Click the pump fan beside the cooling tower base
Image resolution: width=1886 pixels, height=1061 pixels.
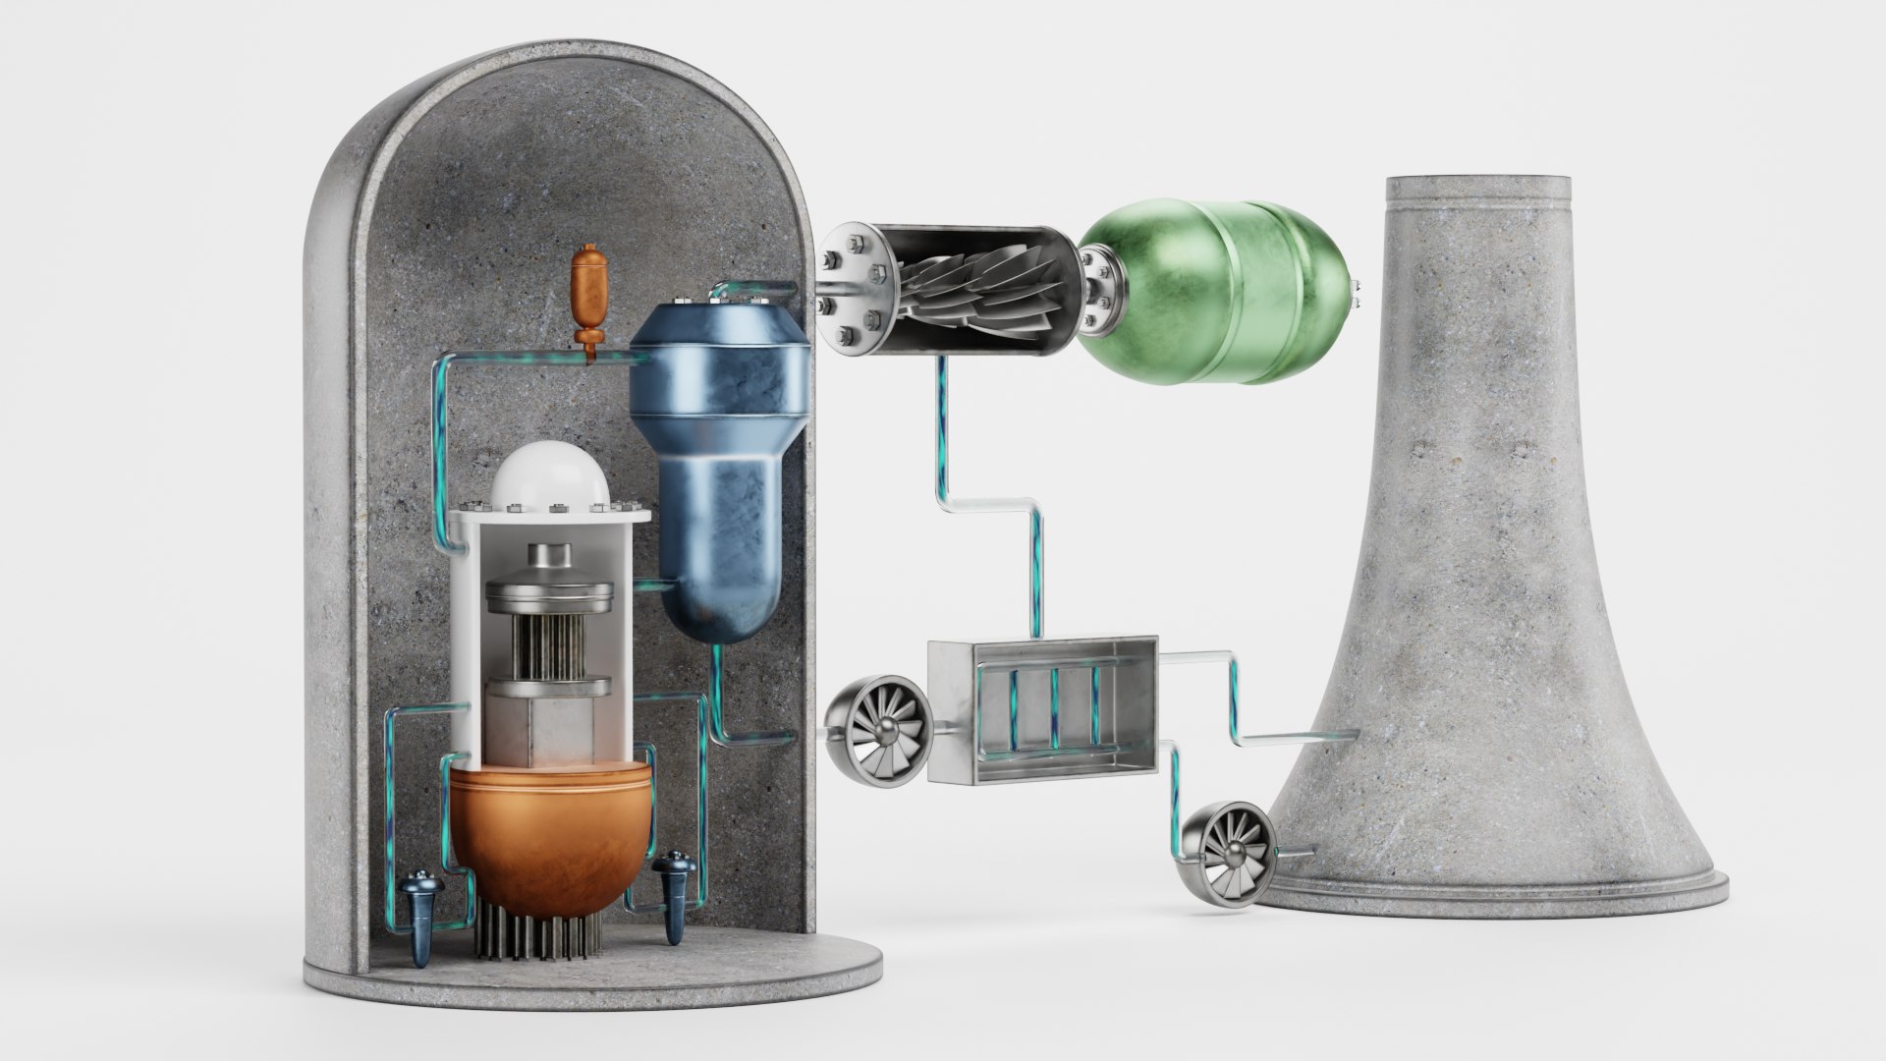tap(1229, 844)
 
